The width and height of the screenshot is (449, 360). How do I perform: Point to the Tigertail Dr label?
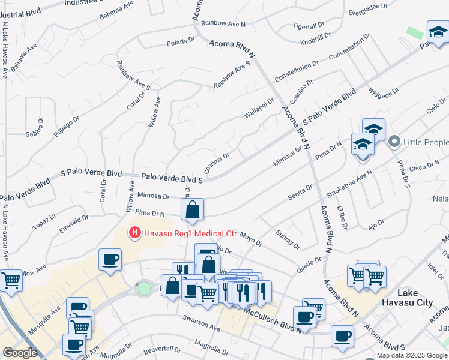(x=309, y=27)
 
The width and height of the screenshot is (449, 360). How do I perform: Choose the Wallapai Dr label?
(x=259, y=108)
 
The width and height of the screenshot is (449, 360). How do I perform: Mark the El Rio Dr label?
(x=342, y=214)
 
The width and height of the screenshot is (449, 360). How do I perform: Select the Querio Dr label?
(x=310, y=262)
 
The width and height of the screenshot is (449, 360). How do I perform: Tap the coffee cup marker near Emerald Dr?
(x=110, y=260)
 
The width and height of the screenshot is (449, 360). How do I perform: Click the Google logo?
(x=20, y=352)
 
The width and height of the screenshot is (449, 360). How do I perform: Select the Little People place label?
(x=426, y=142)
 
